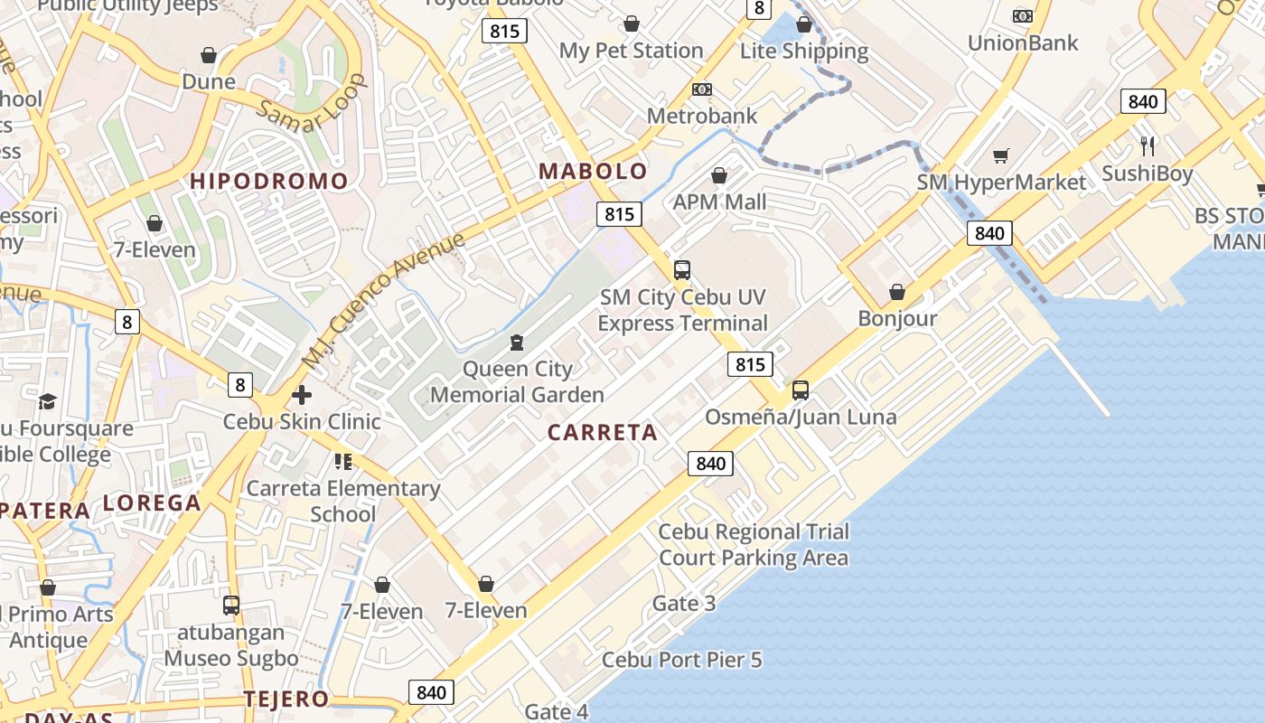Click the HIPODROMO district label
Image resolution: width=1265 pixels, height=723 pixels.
(x=268, y=181)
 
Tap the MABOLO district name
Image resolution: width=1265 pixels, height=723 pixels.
(x=594, y=171)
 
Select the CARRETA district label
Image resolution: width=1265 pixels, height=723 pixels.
(x=603, y=432)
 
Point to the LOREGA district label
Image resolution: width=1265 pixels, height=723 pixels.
(x=152, y=503)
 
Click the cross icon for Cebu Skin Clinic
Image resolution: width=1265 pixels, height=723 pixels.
(x=302, y=395)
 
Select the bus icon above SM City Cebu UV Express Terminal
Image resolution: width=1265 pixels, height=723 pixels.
(x=682, y=269)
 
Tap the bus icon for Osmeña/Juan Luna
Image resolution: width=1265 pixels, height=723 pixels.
(x=801, y=390)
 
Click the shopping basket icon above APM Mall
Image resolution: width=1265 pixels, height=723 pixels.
(x=719, y=175)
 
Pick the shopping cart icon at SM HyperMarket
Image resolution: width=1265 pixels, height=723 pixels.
(x=1000, y=156)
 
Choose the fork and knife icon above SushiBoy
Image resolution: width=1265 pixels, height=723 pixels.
(x=1148, y=146)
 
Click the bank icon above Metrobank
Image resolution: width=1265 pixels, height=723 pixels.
(x=702, y=89)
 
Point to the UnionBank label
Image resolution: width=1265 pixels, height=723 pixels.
(x=1023, y=42)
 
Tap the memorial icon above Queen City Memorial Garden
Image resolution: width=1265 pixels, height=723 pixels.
(x=516, y=343)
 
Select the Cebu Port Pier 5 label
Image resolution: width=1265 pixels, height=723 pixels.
(x=682, y=660)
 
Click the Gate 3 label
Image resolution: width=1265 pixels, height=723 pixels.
(x=684, y=603)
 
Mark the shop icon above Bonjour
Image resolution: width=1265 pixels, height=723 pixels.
(x=897, y=292)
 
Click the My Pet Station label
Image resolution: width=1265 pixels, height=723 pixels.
(x=631, y=51)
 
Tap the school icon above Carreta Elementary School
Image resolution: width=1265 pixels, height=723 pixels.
(x=343, y=462)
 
